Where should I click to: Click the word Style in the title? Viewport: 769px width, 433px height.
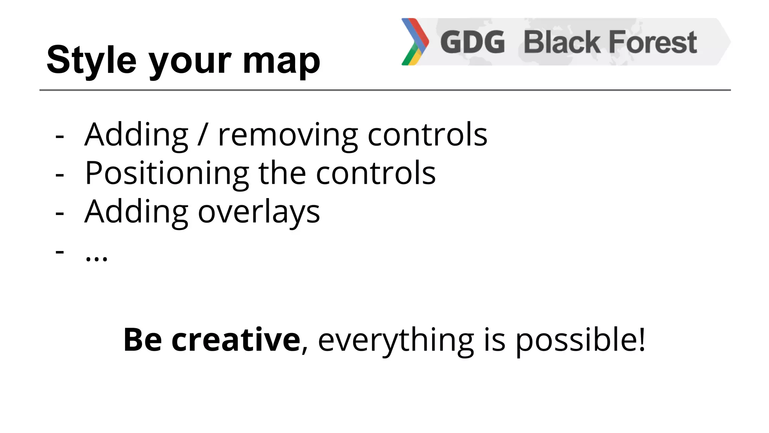(x=91, y=60)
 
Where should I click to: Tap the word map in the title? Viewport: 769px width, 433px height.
(x=281, y=61)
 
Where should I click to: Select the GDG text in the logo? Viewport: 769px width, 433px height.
(x=472, y=42)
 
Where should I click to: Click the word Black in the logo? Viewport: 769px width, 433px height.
(x=562, y=42)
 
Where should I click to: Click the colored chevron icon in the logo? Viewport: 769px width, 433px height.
(x=415, y=42)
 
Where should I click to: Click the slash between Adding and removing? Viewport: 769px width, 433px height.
(x=203, y=135)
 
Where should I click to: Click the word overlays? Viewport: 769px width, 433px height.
(x=259, y=212)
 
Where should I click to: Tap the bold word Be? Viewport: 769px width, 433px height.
(x=143, y=340)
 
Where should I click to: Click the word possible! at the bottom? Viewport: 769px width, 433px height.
(x=580, y=341)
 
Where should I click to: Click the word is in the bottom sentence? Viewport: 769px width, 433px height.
(x=494, y=340)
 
